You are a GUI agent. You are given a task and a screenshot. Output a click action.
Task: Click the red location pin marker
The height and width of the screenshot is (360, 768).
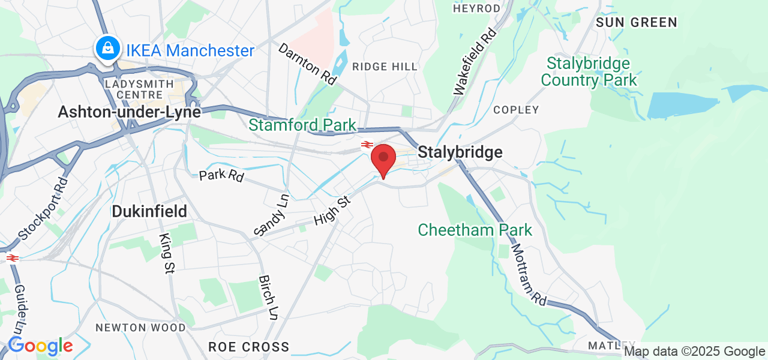pos(383,158)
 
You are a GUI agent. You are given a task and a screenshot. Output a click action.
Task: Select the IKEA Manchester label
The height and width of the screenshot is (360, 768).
pos(190,50)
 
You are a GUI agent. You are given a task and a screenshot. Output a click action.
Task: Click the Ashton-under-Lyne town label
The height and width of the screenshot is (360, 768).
pos(129,112)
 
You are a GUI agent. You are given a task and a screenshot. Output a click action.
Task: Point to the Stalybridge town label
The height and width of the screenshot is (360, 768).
pos(460,152)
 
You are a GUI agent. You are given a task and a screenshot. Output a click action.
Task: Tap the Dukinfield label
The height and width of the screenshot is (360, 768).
pos(149,211)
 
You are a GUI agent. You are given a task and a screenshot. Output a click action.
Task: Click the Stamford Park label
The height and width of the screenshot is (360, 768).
pos(302,125)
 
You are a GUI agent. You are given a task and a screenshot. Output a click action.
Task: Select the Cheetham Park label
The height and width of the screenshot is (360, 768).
pos(475,230)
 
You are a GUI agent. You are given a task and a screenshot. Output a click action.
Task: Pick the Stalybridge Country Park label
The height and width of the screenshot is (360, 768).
pos(588,71)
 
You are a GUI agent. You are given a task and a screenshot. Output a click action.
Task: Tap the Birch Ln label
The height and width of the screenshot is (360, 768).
pos(268,298)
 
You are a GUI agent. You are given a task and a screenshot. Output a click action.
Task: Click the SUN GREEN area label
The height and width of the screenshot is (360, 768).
pos(636,23)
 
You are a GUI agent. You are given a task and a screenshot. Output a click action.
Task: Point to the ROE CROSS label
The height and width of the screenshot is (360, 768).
pos(248,347)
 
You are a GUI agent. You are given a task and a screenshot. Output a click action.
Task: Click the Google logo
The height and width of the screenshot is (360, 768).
pos(40,346)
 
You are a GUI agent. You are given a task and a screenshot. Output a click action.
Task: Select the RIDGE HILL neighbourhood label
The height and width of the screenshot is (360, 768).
pos(385,67)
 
